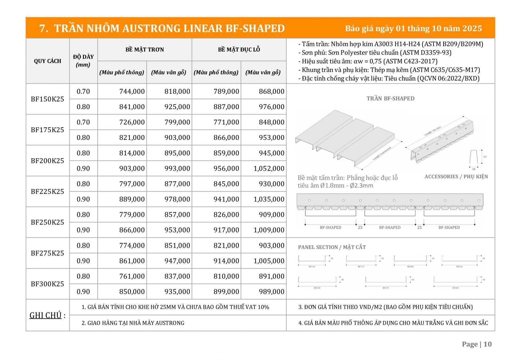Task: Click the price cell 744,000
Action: point(132,91)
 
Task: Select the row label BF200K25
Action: point(47,161)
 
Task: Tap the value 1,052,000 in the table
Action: point(269,168)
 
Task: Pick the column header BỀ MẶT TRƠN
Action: point(144,50)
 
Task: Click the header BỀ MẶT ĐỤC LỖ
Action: point(239,50)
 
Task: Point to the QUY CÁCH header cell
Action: point(47,61)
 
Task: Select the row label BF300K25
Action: point(47,284)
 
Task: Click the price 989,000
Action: point(271,292)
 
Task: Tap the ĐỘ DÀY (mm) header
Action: point(83,60)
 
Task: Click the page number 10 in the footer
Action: point(487,344)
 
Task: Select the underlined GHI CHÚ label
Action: point(45,315)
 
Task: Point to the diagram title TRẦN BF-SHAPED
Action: point(390,98)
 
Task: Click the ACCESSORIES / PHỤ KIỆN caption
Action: point(456,177)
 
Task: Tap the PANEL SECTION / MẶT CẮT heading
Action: point(332,247)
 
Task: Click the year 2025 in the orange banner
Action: point(472,28)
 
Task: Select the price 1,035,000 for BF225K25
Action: point(269,199)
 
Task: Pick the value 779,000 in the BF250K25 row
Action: point(132,215)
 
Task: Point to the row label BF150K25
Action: point(47,99)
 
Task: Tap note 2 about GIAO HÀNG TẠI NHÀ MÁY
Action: point(133,323)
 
